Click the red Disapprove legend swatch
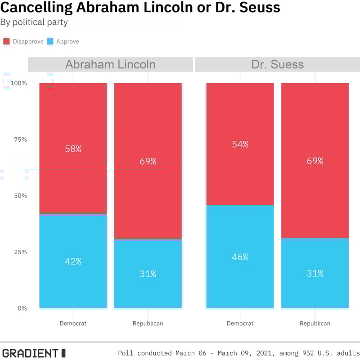coord(7,41)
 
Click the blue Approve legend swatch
coord(50,41)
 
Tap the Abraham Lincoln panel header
coord(110,64)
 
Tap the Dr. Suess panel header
coord(277,64)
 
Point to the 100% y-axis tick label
coord(18,83)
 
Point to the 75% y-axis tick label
coord(20,139)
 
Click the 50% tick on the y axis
coord(20,196)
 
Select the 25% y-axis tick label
coord(20,252)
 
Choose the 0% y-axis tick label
coord(22,308)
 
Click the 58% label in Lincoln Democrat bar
coord(73,149)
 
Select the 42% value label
coord(73,261)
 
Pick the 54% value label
coord(240,144)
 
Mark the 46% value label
coord(240,257)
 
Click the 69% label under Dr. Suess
coord(315,161)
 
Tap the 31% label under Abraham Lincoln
coord(148,274)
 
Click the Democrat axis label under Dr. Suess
coord(240,324)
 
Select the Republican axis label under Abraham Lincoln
coord(148,324)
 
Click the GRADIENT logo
coord(34,353)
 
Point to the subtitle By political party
coord(34,22)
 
